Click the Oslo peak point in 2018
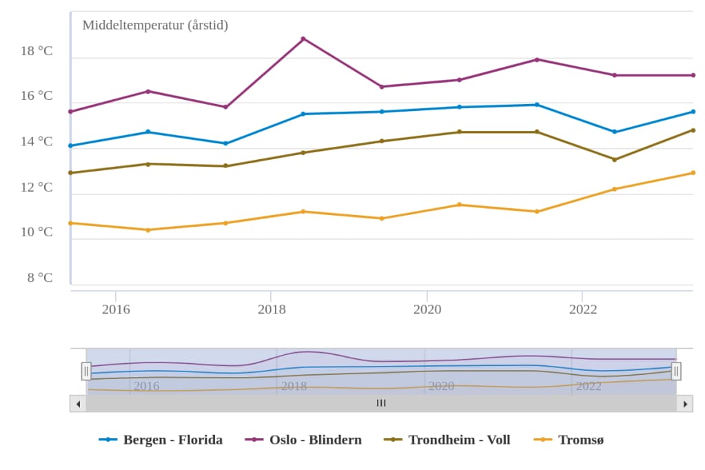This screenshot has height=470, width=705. [303, 39]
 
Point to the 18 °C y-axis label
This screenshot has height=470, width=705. [37, 51]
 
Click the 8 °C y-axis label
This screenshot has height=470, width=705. [40, 278]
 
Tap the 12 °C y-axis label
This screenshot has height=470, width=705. [37, 187]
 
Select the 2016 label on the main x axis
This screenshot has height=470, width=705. [116, 309]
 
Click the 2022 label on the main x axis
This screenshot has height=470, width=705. [583, 309]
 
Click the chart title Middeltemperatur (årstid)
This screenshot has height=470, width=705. [155, 25]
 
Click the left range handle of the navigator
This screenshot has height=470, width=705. [86, 371]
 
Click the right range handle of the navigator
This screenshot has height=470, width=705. [676, 371]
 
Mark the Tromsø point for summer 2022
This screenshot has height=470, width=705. [615, 189]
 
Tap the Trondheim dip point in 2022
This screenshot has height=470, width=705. [615, 159]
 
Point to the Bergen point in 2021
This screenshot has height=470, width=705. [537, 105]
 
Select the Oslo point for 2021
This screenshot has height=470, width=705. [537, 59]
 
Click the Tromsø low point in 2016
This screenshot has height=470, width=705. [148, 229]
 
